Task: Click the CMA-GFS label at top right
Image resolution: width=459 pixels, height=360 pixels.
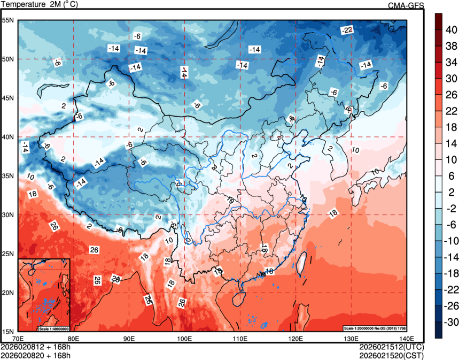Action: click(x=406, y=5)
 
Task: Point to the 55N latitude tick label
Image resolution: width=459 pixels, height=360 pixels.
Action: click(x=8, y=20)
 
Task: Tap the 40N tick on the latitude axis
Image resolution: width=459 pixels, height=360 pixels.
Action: click(x=8, y=137)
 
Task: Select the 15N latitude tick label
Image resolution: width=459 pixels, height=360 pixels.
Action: click(x=8, y=332)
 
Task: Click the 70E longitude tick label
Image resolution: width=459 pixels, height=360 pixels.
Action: click(x=18, y=338)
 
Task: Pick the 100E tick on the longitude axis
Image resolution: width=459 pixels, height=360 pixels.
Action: click(x=184, y=338)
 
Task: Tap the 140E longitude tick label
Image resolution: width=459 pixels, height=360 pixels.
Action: click(x=406, y=338)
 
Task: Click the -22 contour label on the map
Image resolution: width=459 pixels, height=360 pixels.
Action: click(x=347, y=29)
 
